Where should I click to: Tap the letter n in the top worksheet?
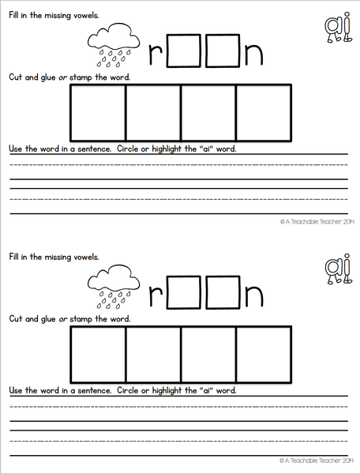point(252,54)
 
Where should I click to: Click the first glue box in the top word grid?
point(99,111)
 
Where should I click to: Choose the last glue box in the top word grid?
point(264,111)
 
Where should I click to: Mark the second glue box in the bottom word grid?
point(154,352)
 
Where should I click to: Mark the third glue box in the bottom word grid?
point(208,352)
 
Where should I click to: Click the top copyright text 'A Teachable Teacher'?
point(314,223)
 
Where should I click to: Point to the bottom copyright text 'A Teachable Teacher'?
point(314,460)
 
